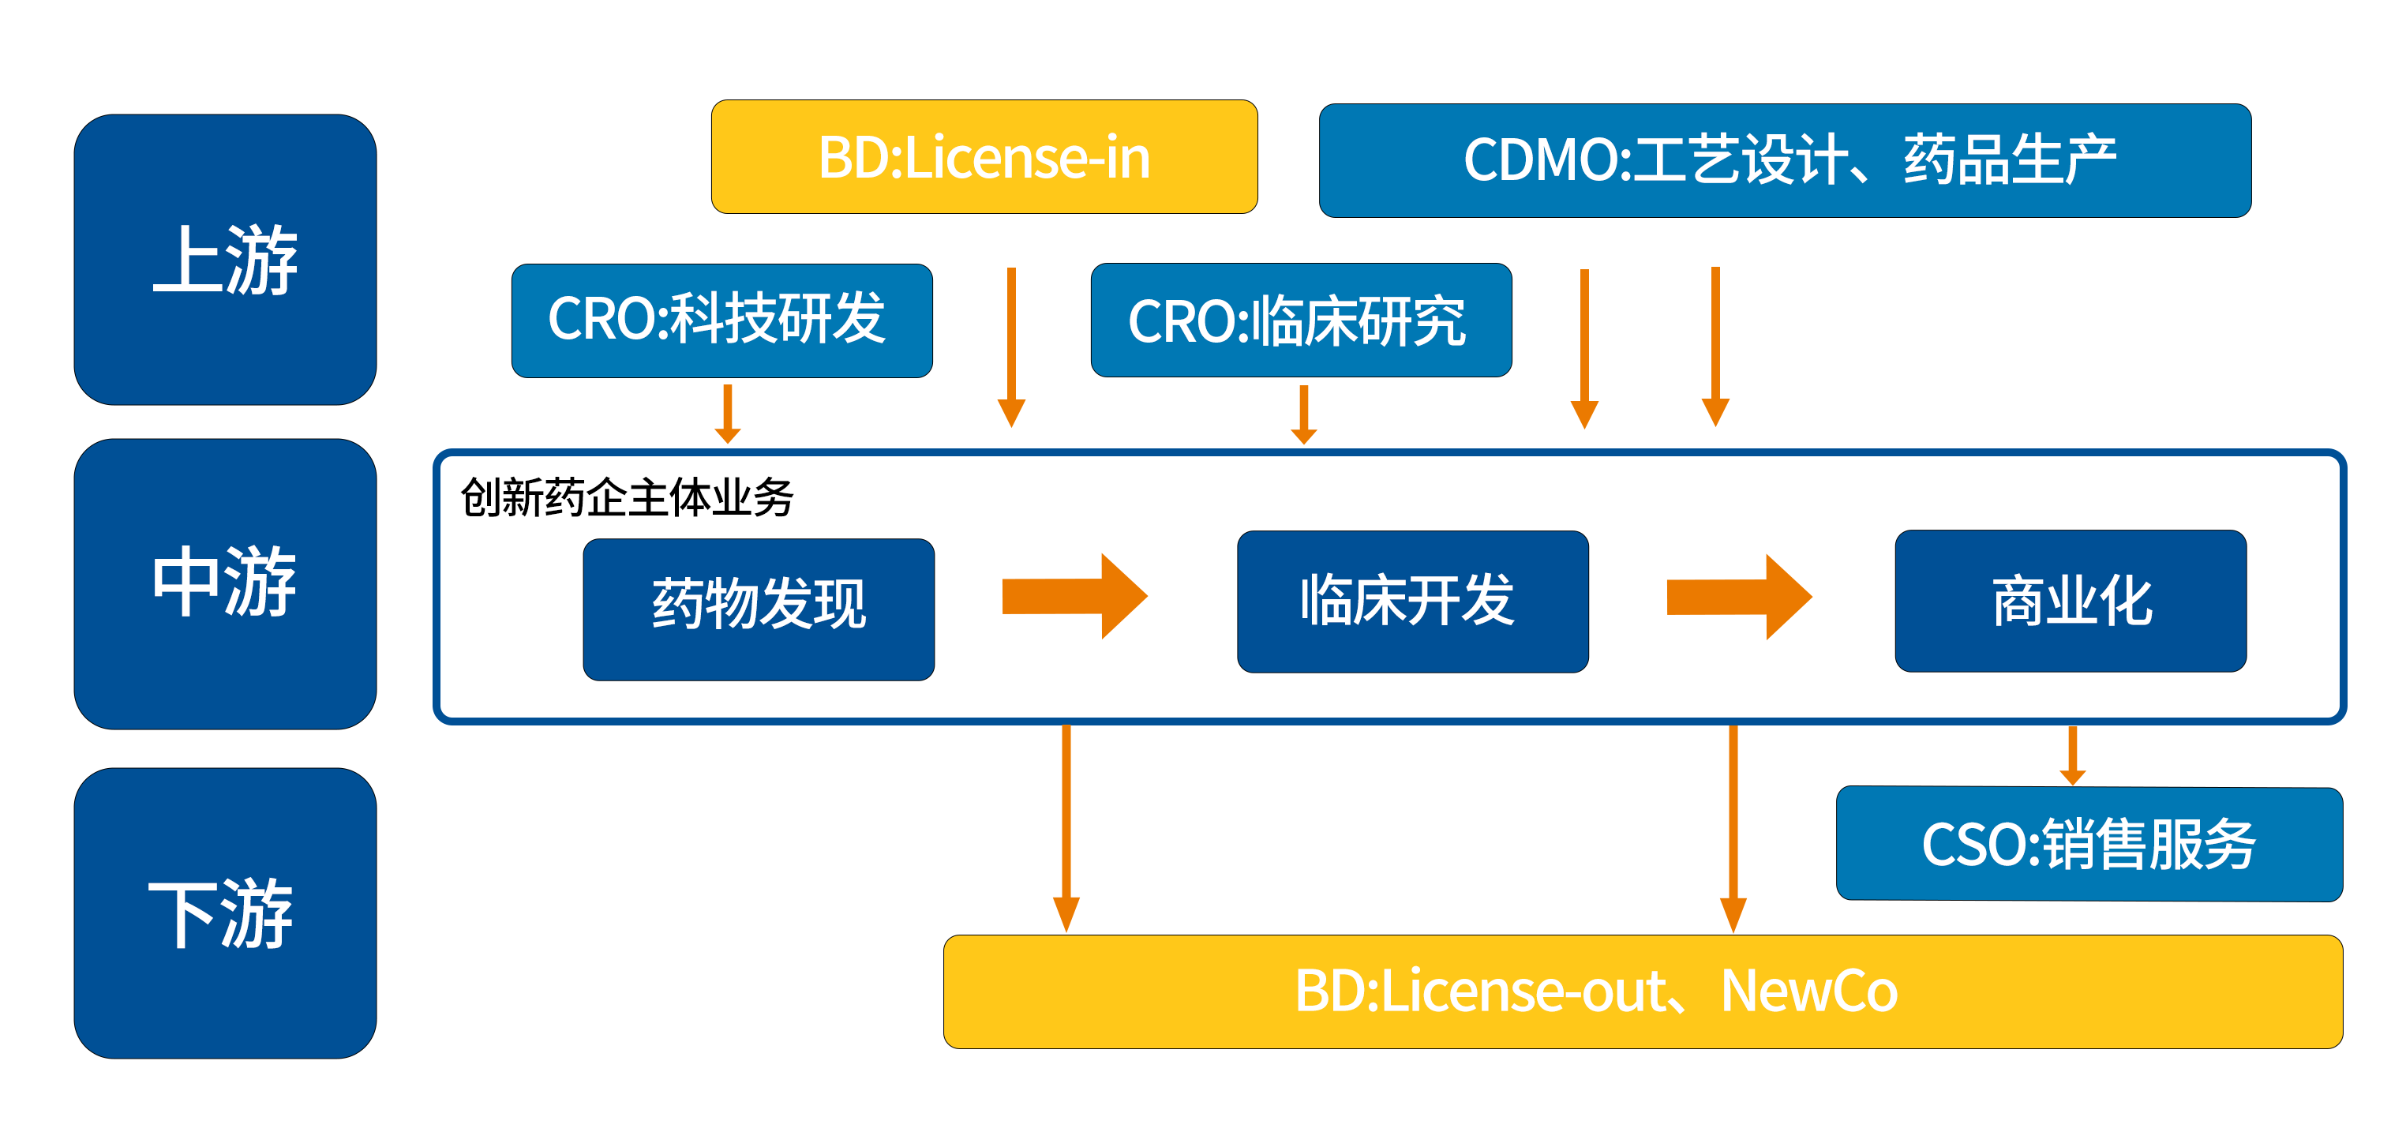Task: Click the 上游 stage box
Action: tap(225, 260)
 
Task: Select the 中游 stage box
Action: tap(225, 584)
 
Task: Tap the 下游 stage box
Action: tap(225, 913)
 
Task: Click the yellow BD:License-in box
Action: tap(984, 157)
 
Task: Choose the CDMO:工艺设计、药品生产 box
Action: tap(1785, 161)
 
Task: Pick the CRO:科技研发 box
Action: tap(722, 320)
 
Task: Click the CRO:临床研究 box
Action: tap(1301, 320)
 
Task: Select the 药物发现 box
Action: tap(759, 609)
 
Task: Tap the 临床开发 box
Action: tap(1412, 602)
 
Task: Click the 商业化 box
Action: tap(2071, 601)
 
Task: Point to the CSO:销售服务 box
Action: tap(2089, 843)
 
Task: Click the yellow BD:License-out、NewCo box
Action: tap(1643, 991)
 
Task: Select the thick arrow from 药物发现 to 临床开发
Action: tap(1075, 596)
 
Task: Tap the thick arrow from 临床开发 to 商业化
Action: tap(1740, 597)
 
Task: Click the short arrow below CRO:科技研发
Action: tap(728, 413)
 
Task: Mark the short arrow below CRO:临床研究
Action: tap(1304, 414)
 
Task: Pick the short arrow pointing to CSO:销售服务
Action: tap(2073, 755)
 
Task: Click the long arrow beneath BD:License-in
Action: tap(1011, 347)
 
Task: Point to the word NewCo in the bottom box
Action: tap(1809, 991)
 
